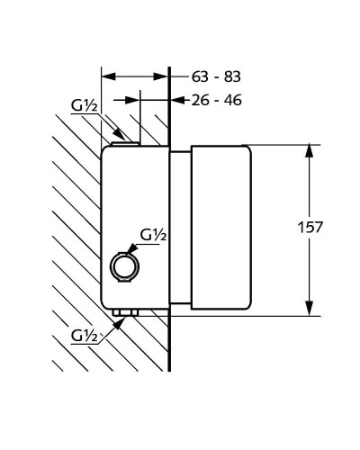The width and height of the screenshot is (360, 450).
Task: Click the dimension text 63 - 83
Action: [216, 76]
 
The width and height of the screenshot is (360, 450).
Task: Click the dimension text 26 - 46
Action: [216, 100]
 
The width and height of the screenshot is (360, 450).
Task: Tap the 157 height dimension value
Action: [310, 227]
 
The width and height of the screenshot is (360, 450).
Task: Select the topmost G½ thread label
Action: [85, 106]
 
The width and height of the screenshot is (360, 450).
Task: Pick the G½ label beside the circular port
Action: [153, 236]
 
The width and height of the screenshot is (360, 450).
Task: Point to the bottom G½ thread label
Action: [85, 336]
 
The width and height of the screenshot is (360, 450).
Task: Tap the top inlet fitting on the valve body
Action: [125, 144]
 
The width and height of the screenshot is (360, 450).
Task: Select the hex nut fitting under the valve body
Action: [125, 312]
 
